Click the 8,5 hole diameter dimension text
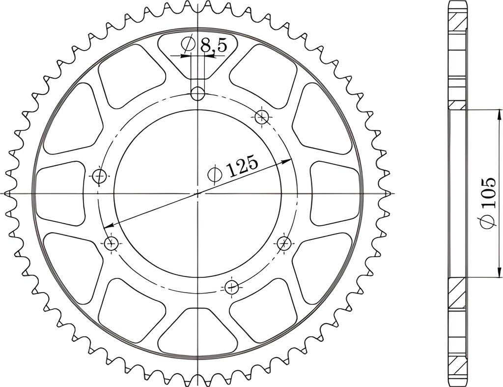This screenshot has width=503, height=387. click(213, 46)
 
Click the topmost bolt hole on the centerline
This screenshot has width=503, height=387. click(197, 94)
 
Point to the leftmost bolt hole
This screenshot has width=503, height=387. click(99, 176)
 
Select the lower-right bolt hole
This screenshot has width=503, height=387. click(284, 243)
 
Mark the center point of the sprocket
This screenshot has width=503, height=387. click(197, 194)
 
